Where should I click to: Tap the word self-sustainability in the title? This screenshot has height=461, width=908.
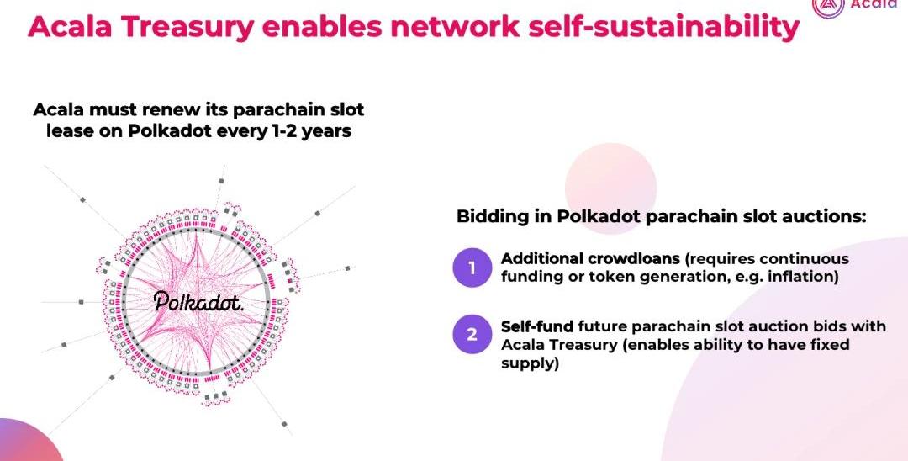click(x=663, y=27)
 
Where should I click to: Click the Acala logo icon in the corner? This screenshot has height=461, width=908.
click(x=827, y=6)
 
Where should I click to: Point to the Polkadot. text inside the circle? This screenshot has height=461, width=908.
click(x=198, y=300)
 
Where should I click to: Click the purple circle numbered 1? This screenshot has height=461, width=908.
click(x=472, y=268)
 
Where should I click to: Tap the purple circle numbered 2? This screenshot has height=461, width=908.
click(x=472, y=334)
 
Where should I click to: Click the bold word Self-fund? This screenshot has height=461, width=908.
click(x=537, y=326)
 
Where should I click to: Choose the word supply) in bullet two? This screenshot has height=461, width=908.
click(x=530, y=363)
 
